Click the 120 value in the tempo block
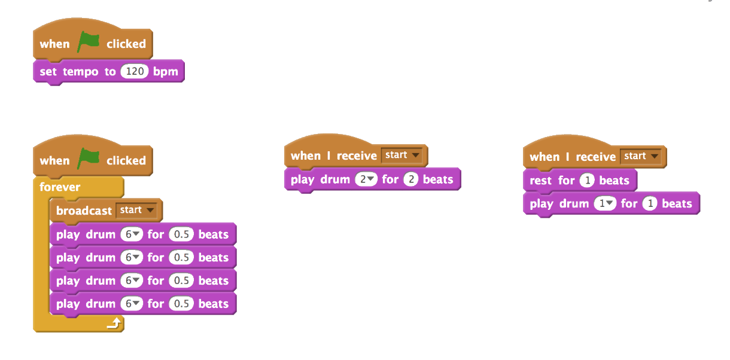(x=135, y=72)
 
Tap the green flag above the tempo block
(x=88, y=42)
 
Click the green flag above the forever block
(x=88, y=159)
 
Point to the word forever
(x=60, y=187)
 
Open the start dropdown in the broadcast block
(x=138, y=210)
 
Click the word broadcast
(x=84, y=211)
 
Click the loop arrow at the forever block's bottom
(x=114, y=324)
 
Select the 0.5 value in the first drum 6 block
(x=181, y=234)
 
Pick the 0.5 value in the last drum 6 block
(x=181, y=304)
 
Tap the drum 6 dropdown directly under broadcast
(x=131, y=234)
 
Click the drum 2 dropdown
(x=366, y=179)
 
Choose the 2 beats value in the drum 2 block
(x=410, y=179)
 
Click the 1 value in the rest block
(x=586, y=181)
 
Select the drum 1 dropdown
(x=604, y=204)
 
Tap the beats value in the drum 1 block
(x=649, y=204)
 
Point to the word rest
(x=541, y=181)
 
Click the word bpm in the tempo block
(x=166, y=72)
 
